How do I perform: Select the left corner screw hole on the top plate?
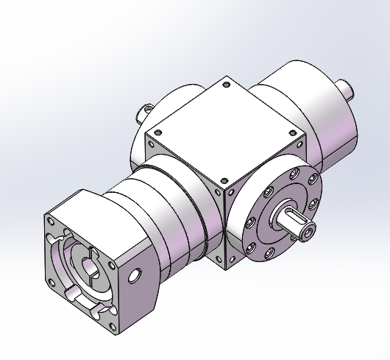pyautogui.click(x=156, y=133)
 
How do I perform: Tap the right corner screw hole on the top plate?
pyautogui.click(x=296, y=133)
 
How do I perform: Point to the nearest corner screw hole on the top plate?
pyautogui.click(x=223, y=180)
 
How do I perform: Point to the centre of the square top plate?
pyautogui.click(x=225, y=131)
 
